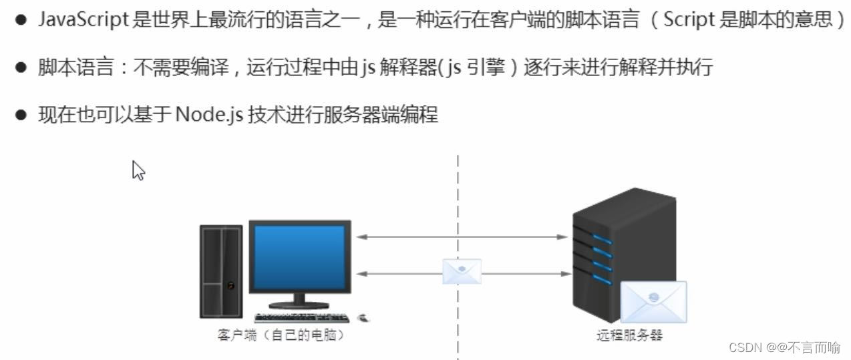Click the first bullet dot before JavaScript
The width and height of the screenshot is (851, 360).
22,20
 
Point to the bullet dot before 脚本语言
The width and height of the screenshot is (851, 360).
22,67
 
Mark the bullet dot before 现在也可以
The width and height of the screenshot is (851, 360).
22,115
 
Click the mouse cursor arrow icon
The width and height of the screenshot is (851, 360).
138,170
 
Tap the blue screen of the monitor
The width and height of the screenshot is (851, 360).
299,256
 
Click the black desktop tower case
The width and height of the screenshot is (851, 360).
221,271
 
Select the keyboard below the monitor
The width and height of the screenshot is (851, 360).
301,317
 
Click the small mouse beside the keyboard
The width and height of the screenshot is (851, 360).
365,317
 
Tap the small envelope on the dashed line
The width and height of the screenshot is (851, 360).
462,271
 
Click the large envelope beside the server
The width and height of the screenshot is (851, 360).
653,302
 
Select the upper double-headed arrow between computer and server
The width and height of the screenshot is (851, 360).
462,236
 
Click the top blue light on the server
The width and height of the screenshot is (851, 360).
602,239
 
